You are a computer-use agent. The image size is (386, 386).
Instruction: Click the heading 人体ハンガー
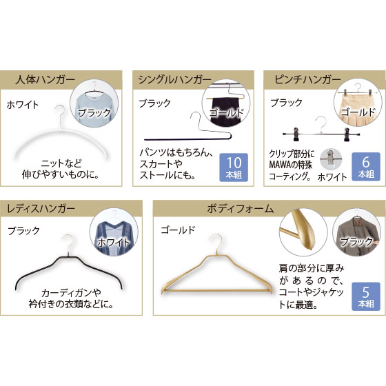(x=45, y=80)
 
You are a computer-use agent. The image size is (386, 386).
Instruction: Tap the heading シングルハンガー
(x=174, y=80)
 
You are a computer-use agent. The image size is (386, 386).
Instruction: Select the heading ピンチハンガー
(x=307, y=79)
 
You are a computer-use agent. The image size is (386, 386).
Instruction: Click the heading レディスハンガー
(x=41, y=208)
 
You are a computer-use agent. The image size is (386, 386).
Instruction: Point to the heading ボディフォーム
(x=241, y=209)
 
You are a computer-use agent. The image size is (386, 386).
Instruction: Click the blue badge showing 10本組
(x=234, y=167)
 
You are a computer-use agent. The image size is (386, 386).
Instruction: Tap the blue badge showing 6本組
(x=366, y=167)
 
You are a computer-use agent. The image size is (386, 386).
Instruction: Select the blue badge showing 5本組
(x=366, y=296)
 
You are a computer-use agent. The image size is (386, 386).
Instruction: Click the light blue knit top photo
(x=94, y=105)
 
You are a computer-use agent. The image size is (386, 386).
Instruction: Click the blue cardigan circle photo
(x=114, y=234)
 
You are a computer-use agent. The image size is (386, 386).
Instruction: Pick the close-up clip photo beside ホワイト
(x=331, y=159)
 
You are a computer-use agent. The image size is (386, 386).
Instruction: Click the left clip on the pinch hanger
(x=296, y=134)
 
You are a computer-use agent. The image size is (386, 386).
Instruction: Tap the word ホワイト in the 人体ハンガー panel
(x=23, y=105)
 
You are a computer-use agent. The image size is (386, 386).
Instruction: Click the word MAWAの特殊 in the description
(x=290, y=165)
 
